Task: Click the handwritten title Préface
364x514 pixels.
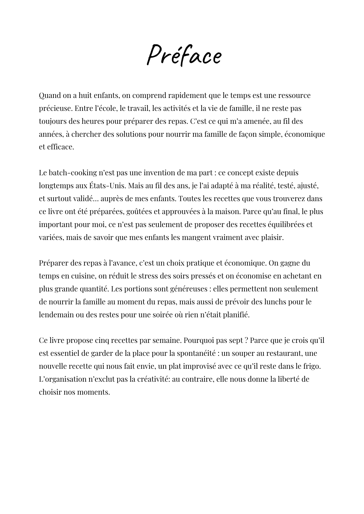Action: point(184,55)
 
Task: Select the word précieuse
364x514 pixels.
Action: point(55,109)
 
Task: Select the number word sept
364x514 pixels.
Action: point(235,341)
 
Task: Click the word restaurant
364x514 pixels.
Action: point(284,353)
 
